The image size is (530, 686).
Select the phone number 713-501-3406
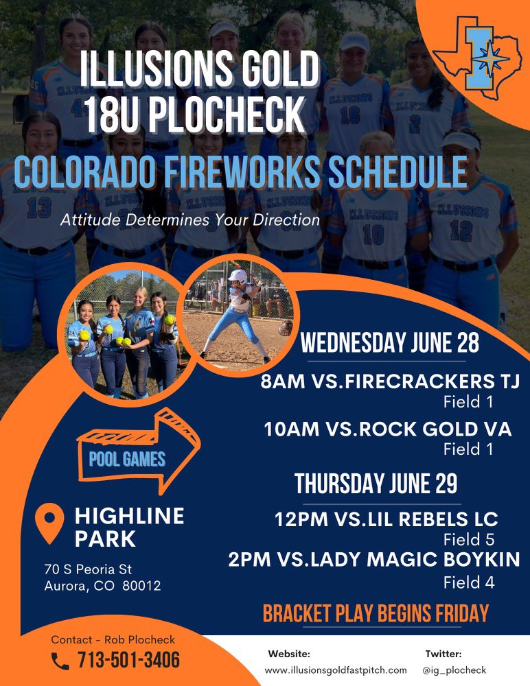point(128,661)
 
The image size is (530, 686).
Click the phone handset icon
point(60,661)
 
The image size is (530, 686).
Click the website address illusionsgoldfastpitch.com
point(336,670)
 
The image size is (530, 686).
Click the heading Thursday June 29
point(376,484)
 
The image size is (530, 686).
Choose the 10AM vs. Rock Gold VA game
point(388,429)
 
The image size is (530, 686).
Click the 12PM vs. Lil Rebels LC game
point(386,519)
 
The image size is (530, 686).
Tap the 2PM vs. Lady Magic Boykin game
point(374,559)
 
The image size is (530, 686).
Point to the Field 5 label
point(469,539)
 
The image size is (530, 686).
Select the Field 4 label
point(469,583)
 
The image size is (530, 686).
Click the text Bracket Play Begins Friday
point(376,613)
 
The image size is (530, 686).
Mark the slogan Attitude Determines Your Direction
point(189,221)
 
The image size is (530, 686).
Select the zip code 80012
point(142,586)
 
